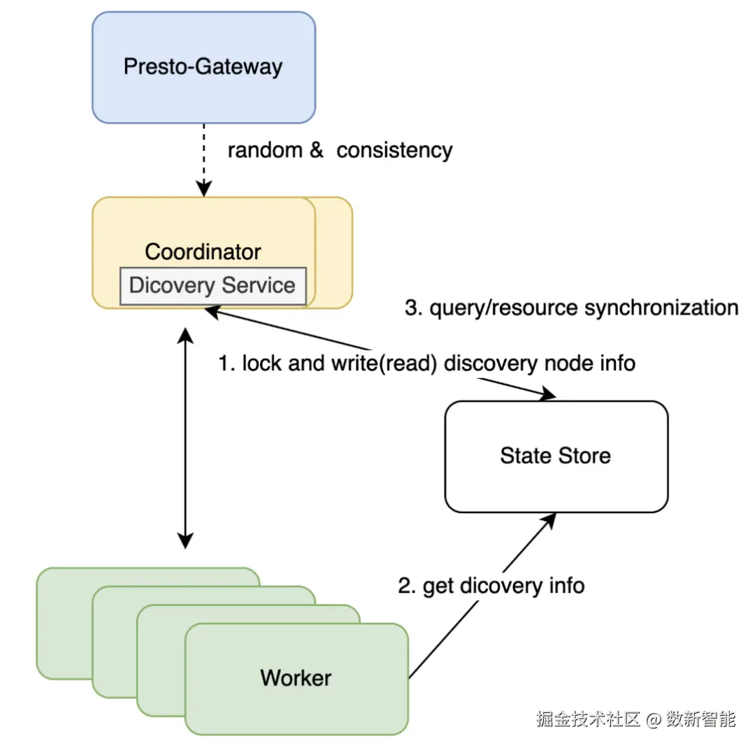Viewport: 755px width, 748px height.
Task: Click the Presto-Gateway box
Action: coord(203,67)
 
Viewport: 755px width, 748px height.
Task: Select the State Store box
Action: coord(556,456)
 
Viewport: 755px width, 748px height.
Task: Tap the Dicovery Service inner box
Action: coord(213,285)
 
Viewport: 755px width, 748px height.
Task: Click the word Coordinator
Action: coord(203,252)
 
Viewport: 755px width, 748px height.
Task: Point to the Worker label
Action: coord(296,677)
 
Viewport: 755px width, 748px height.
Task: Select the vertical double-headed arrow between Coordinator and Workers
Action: coord(185,439)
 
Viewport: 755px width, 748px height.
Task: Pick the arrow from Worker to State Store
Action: coord(482,594)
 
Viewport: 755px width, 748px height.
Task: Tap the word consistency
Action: coord(394,150)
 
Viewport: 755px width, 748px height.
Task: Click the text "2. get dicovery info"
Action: coord(491,586)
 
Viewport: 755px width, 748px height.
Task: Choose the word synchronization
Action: coord(661,308)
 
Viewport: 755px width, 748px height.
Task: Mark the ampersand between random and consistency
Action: coord(317,150)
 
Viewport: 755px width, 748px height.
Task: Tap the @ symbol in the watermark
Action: coord(653,719)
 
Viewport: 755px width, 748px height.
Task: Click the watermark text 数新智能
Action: coord(700,719)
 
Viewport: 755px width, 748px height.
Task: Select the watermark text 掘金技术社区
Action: coord(589,719)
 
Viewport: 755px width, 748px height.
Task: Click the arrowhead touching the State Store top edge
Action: coord(547,395)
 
